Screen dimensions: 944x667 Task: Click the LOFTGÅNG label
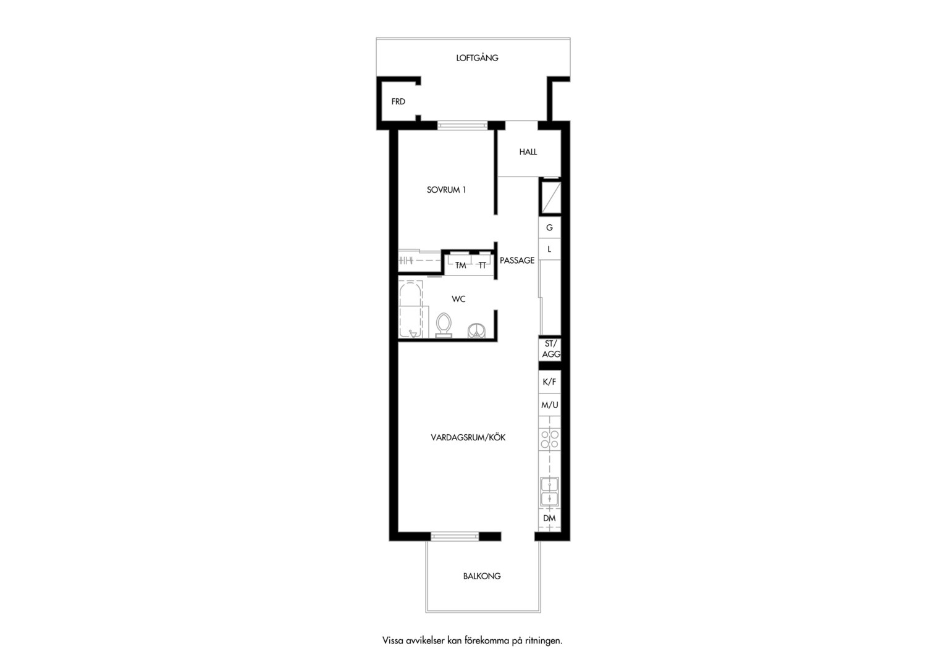coord(477,57)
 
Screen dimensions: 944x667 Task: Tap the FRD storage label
coord(398,101)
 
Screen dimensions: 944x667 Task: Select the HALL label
coord(528,152)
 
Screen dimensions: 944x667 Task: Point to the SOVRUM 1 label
coord(446,190)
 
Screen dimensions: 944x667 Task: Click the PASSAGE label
coord(517,261)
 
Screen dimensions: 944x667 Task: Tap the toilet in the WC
coord(444,325)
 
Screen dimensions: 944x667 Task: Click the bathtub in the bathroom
coord(410,310)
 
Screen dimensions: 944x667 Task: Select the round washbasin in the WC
coord(477,330)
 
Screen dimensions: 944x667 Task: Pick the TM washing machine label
coord(461,266)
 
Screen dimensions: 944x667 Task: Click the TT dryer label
coord(482,266)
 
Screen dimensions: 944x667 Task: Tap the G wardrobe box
coord(550,227)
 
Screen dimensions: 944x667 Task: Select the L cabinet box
coord(550,250)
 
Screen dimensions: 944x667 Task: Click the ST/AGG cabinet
coord(550,350)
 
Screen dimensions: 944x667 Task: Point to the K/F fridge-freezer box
coord(550,382)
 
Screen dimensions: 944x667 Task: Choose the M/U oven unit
coord(550,405)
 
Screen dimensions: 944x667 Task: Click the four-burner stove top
coord(550,439)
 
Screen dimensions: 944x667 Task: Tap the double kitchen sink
coord(550,492)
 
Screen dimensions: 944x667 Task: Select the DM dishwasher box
coord(550,519)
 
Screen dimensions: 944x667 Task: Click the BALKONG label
coord(482,576)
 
